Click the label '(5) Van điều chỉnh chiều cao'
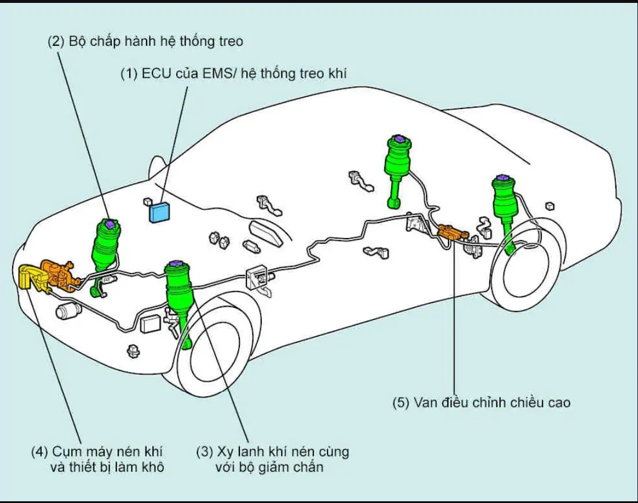point(481,402)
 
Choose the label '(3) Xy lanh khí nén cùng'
point(273,451)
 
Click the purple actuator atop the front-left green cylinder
point(110,224)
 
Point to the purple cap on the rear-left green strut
point(398,138)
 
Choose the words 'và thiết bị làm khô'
point(104,467)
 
